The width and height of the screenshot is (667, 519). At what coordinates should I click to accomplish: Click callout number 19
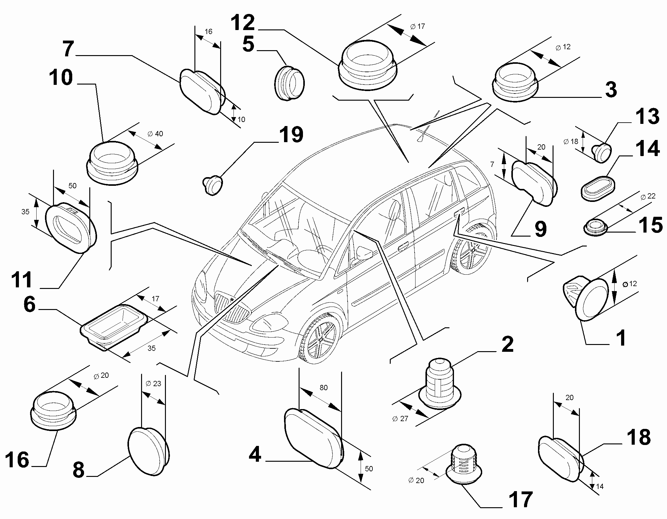291,134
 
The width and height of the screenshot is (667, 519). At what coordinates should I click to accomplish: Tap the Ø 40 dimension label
155,134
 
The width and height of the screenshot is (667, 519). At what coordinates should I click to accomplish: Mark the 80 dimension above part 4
323,388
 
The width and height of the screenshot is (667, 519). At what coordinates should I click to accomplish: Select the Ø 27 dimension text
400,419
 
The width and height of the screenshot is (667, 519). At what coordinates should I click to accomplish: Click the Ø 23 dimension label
153,384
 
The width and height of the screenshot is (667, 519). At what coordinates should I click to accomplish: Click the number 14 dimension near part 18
600,486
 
